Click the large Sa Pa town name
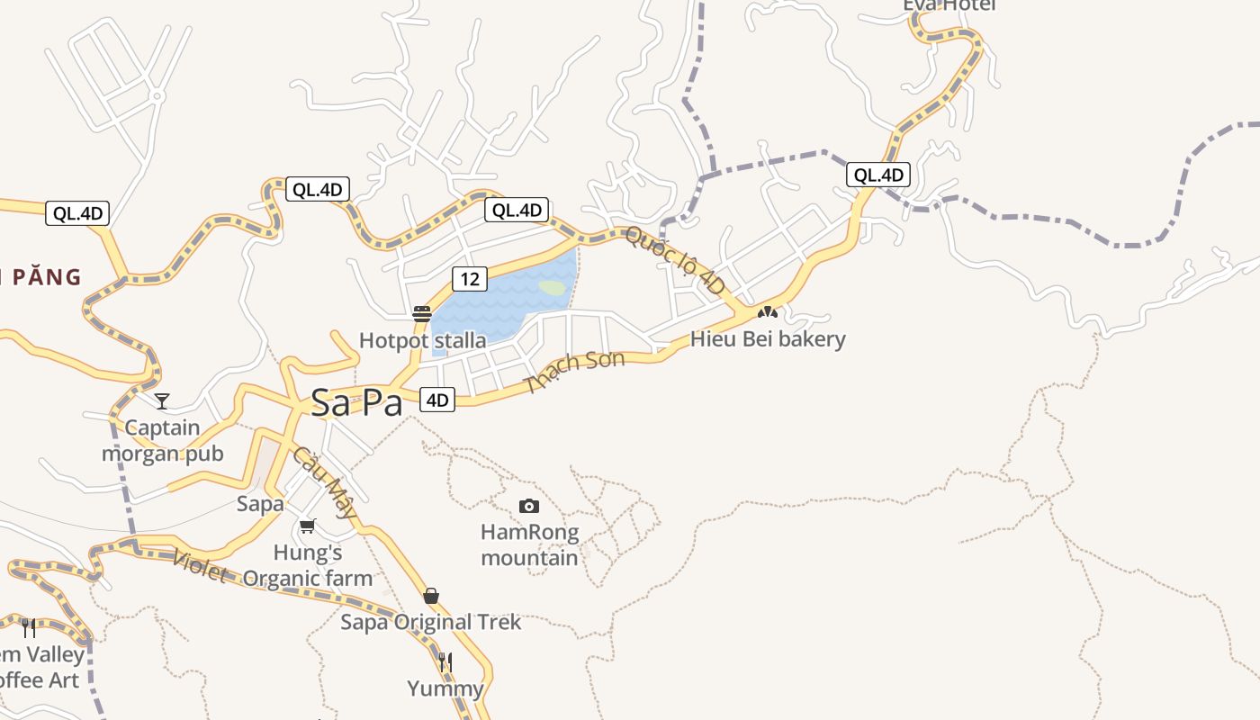356,402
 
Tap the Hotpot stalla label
422,340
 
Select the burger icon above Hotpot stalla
422,314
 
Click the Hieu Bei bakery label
768,339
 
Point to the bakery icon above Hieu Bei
767,312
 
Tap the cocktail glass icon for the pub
162,400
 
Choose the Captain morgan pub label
162,440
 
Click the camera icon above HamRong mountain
529,506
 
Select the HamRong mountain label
529,544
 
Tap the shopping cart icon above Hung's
308,526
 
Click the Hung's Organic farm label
308,565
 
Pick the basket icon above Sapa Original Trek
431,596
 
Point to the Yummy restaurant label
445,689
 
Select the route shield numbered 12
470,279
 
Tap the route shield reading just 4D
437,400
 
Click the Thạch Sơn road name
574,371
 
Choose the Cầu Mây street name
324,483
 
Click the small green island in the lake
552,288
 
